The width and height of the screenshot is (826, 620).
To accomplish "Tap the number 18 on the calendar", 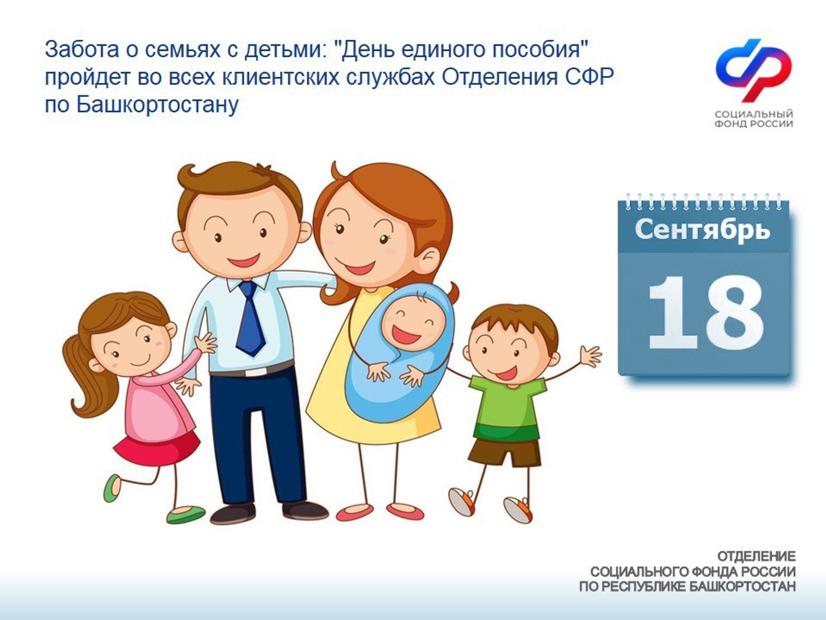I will click(x=705, y=313).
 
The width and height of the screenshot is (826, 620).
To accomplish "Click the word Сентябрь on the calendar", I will click(x=702, y=230).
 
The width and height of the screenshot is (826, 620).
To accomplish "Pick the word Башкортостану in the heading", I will click(x=157, y=105).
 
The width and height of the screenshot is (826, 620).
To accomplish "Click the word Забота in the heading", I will click(x=80, y=50).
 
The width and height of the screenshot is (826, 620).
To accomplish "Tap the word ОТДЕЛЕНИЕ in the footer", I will click(x=756, y=556).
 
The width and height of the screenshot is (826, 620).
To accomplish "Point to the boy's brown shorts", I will click(x=503, y=452).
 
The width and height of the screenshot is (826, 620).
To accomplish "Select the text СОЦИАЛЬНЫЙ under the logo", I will click(x=754, y=114).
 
